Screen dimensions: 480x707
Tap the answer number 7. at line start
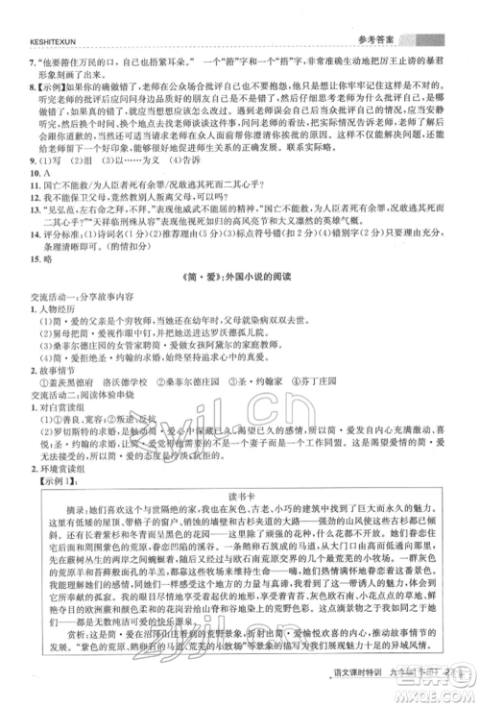[34, 59]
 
